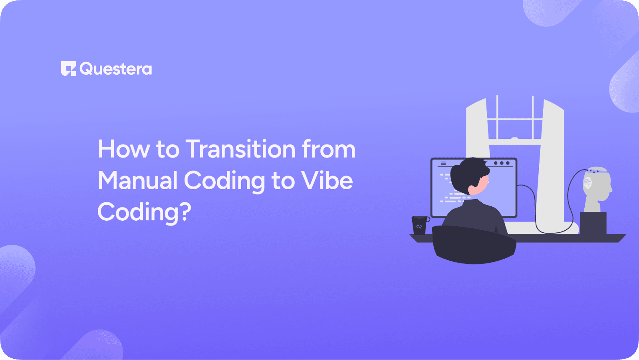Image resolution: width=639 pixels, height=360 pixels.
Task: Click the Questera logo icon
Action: pyautogui.click(x=68, y=69)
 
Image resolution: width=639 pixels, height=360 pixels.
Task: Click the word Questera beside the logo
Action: pyautogui.click(x=116, y=69)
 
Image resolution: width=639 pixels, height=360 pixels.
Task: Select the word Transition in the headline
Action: pyautogui.click(x=240, y=149)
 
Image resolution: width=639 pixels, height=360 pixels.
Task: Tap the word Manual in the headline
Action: pyautogui.click(x=137, y=180)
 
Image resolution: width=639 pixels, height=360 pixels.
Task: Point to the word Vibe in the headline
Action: pyautogui.click(x=327, y=180)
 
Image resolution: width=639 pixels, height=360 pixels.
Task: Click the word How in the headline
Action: pyautogui.click(x=123, y=149)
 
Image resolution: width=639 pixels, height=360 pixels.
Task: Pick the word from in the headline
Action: pyautogui.click(x=328, y=149)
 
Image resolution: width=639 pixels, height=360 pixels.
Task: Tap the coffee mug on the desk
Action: pyautogui.click(x=419, y=225)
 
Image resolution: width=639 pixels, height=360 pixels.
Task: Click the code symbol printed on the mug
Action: pyautogui.click(x=419, y=227)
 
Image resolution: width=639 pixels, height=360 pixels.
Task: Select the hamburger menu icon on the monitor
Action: pyautogui.click(x=443, y=163)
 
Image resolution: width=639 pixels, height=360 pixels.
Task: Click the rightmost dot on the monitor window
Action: pyautogui.click(x=508, y=163)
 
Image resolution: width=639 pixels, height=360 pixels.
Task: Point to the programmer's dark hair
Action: pyautogui.click(x=467, y=174)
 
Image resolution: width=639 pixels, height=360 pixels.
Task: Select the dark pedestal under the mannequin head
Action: pyautogui.click(x=593, y=223)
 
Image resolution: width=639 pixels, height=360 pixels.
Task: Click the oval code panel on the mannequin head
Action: pyautogui.click(x=587, y=182)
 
